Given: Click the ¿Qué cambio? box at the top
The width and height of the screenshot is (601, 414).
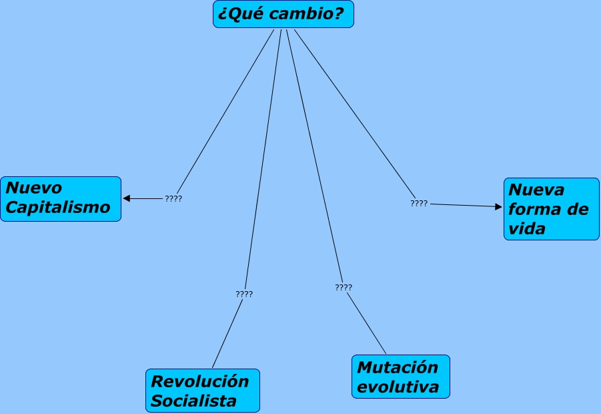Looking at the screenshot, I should pyautogui.click(x=283, y=14).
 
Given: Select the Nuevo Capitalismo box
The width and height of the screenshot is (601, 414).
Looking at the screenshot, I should pyautogui.click(x=61, y=198).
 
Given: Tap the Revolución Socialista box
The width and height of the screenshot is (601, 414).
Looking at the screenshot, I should pyautogui.click(x=202, y=391).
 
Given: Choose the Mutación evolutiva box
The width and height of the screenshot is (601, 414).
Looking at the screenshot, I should pyautogui.click(x=400, y=377).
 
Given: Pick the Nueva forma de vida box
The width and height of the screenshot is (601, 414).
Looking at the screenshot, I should pyautogui.click(x=551, y=208).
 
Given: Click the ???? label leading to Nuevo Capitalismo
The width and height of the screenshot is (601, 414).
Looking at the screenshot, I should pyautogui.click(x=173, y=198).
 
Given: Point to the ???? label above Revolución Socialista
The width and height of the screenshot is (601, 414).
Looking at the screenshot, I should pyautogui.click(x=244, y=294).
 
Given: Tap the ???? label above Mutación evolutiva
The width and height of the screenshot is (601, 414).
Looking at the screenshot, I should pyautogui.click(x=344, y=287).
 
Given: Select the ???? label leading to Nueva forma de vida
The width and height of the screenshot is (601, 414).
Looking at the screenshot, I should pyautogui.click(x=419, y=203).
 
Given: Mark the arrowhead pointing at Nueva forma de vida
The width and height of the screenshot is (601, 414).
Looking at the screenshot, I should pyautogui.click(x=498, y=207).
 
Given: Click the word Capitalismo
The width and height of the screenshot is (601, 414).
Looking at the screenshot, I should pyautogui.click(x=57, y=207).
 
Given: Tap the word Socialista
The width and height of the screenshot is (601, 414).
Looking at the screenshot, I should pyautogui.click(x=193, y=401).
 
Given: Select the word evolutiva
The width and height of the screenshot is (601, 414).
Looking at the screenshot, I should pyautogui.click(x=398, y=387).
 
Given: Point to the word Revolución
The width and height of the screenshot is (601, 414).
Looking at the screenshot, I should pyautogui.click(x=200, y=381).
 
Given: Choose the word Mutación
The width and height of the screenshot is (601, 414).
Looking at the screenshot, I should pyautogui.click(x=398, y=367).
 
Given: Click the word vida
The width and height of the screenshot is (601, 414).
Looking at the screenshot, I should pyautogui.click(x=527, y=228).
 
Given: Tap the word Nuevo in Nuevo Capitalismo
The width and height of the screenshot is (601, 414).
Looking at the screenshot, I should pyautogui.click(x=33, y=188).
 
